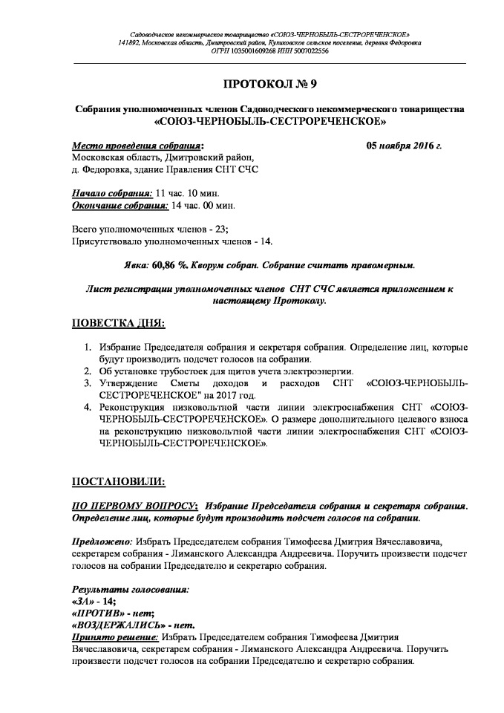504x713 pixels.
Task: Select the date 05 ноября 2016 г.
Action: [404, 146]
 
